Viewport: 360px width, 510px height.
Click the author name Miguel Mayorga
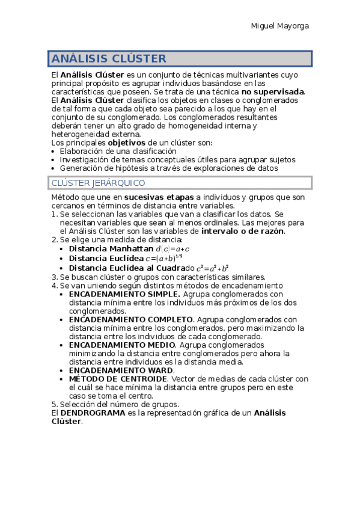279,26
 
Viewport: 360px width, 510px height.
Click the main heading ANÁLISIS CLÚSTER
109,58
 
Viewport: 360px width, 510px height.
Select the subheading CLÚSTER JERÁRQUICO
98,183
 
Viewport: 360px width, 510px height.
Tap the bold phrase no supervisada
273,91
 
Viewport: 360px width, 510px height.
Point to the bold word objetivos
126,143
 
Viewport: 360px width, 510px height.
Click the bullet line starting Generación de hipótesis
168,168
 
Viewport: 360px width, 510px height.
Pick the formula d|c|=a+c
173,248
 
